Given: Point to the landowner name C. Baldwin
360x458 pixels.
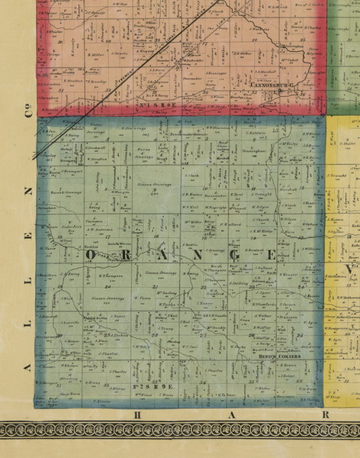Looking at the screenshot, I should [x=263, y=134].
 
